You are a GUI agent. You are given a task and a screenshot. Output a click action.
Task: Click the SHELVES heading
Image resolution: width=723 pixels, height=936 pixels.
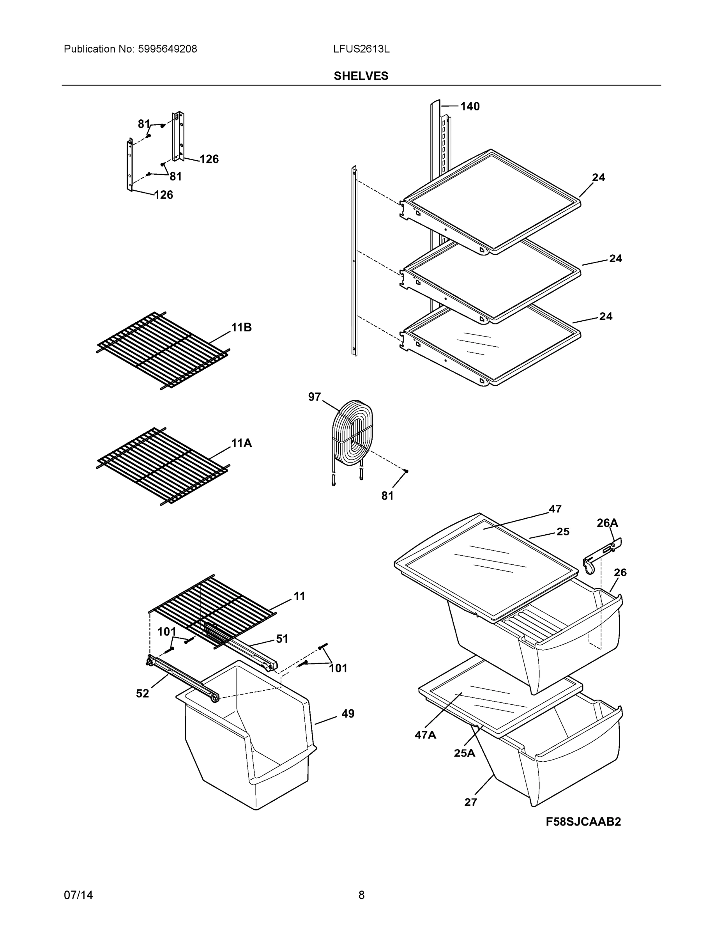(361, 76)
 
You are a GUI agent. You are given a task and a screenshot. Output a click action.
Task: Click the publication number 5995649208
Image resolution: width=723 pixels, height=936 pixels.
(167, 49)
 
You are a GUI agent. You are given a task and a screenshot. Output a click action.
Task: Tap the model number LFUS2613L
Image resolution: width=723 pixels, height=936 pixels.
(361, 49)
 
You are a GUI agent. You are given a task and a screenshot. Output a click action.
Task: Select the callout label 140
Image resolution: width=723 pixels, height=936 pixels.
(470, 106)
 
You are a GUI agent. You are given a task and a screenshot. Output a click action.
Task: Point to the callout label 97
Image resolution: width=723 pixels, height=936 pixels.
(315, 397)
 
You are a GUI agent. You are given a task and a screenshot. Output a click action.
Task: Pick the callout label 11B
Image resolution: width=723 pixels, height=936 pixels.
(242, 328)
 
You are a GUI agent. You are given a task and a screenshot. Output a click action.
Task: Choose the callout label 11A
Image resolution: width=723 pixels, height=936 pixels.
(242, 443)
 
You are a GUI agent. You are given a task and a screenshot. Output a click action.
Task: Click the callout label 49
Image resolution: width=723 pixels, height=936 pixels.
(348, 714)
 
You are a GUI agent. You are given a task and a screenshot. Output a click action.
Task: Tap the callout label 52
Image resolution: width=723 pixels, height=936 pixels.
(143, 693)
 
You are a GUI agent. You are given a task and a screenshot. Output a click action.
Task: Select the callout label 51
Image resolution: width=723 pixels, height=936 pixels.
(282, 638)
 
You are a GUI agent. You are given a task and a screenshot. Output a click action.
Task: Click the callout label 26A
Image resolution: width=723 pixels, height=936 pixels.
(607, 523)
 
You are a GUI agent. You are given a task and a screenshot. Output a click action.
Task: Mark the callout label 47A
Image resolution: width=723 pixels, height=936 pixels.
(425, 735)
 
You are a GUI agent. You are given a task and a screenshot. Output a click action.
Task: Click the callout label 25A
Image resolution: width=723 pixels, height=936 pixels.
(464, 753)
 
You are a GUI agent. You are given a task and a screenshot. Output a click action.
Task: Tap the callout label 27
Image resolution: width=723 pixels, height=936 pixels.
(470, 802)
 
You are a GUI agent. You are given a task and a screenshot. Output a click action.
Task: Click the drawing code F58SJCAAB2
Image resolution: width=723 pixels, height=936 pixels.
(583, 822)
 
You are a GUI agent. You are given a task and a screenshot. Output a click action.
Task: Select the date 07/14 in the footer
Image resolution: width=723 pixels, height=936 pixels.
(78, 895)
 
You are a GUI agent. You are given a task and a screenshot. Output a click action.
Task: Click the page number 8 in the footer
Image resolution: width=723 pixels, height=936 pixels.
(361, 895)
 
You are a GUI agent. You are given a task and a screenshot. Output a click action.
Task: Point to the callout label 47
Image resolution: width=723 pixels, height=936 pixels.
(555, 509)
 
